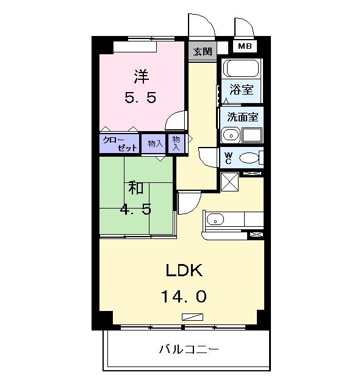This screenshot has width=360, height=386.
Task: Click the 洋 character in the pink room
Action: point(142,77)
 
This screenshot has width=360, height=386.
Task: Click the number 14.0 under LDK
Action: point(184,296)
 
